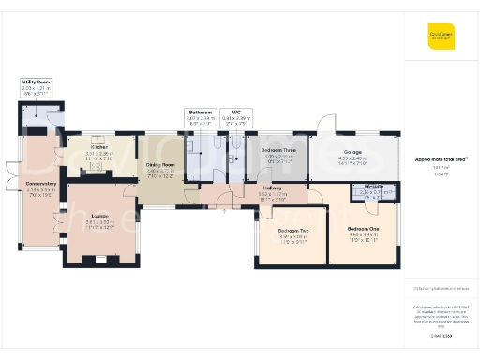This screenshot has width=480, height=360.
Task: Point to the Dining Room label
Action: (162, 166)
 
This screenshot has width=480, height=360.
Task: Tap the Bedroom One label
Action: (363, 230)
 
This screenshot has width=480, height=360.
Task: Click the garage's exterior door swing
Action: (325, 124)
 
